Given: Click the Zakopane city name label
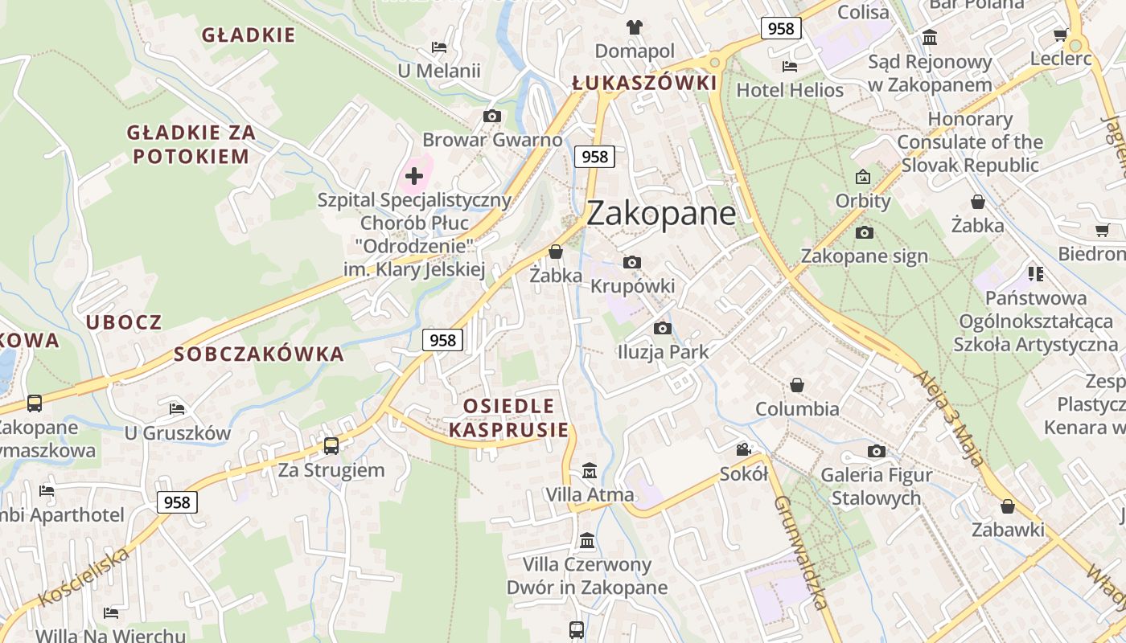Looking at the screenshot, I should (661, 214).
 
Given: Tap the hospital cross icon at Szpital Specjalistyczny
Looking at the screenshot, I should (414, 175).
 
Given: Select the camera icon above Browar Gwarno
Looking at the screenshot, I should (492, 117).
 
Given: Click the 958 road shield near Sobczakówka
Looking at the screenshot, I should (442, 340).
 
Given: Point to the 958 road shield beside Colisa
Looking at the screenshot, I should (780, 29).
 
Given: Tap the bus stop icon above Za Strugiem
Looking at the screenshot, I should (331, 445).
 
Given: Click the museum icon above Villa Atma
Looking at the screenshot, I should (590, 470).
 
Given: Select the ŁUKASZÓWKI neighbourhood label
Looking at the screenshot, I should (643, 83).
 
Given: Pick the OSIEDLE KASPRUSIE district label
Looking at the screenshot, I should (508, 417).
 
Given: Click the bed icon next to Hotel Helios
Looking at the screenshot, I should (790, 67).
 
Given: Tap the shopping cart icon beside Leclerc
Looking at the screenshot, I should (1060, 35).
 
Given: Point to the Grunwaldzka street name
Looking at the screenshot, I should (800, 552).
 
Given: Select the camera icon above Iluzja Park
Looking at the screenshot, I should (663, 328).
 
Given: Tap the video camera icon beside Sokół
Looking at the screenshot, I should (743, 449).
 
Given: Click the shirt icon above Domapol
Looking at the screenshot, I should (635, 27).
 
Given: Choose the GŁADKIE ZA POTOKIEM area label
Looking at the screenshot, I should (191, 145).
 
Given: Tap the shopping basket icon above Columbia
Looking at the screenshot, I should (797, 385).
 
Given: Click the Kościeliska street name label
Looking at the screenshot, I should (84, 577).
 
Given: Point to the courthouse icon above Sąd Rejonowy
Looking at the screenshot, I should (930, 37).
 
